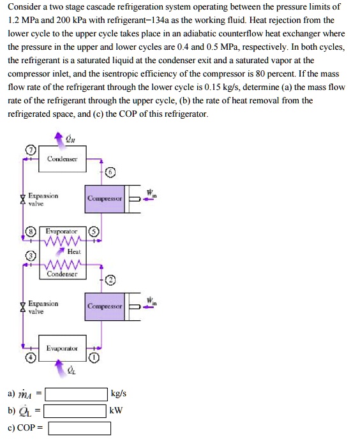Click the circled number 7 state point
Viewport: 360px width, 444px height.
coord(29,151)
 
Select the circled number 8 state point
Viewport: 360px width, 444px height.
coord(29,232)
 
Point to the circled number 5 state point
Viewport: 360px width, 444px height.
coord(93,232)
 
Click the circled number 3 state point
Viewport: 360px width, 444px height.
coord(29,256)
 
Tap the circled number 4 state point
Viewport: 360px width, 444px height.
coord(29,359)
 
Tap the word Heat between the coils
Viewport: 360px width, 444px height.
coord(73,252)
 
